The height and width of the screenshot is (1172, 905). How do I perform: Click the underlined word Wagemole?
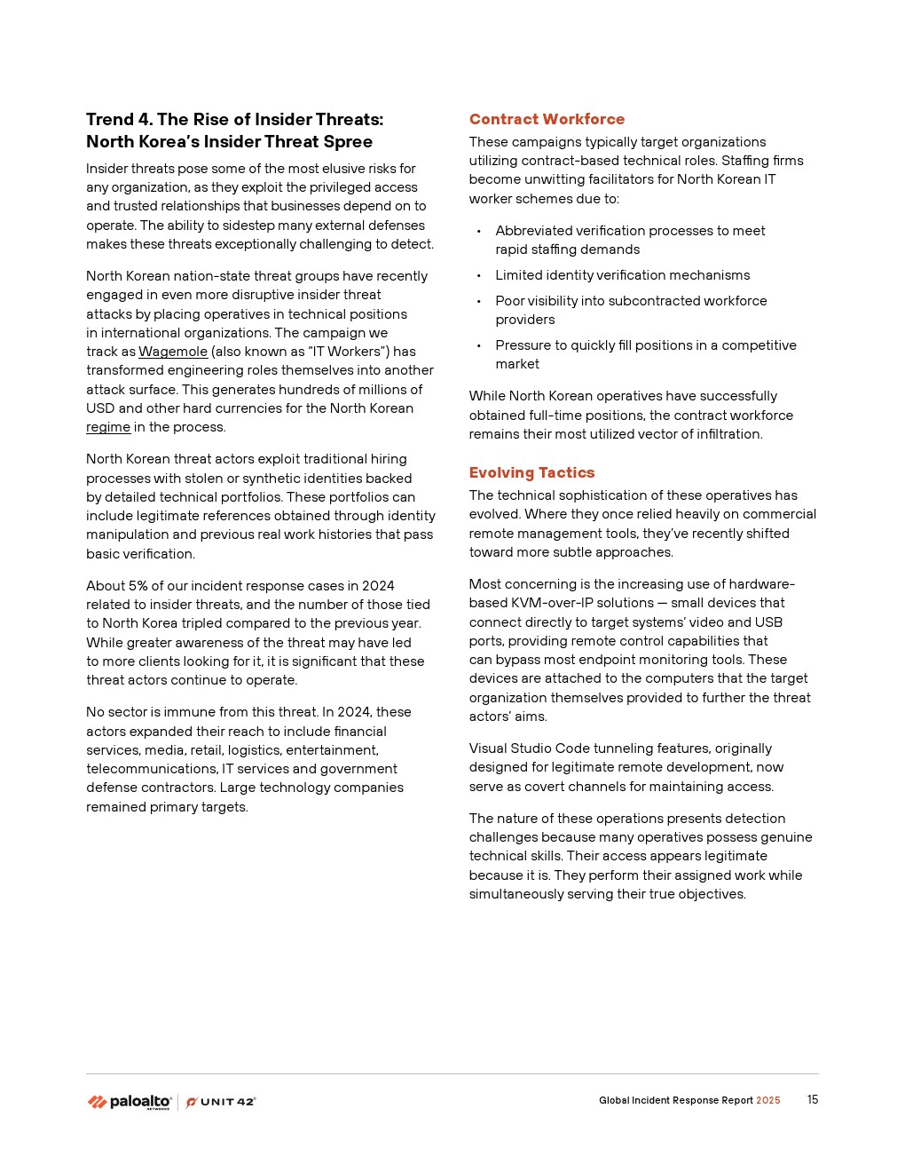173,352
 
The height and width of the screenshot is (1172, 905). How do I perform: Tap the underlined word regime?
108,427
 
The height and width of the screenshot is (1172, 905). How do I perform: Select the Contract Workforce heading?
547,119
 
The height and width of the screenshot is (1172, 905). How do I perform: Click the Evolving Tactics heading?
531,472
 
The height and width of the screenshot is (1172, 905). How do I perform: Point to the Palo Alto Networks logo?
130,1102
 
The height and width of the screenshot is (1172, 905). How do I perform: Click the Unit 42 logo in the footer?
221,1102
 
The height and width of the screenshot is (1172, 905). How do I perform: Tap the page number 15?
812,1100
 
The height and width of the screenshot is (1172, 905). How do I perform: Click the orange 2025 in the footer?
767,1101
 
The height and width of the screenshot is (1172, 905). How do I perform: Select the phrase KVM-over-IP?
552,603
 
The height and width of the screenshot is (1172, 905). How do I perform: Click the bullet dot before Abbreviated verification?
479,232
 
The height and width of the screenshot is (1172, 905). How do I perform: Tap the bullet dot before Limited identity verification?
479,276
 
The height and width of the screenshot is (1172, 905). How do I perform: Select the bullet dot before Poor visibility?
479,302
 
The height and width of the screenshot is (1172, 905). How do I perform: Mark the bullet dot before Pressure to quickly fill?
479,346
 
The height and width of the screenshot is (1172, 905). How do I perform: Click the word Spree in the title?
348,142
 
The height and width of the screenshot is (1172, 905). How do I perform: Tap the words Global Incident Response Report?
675,1101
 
